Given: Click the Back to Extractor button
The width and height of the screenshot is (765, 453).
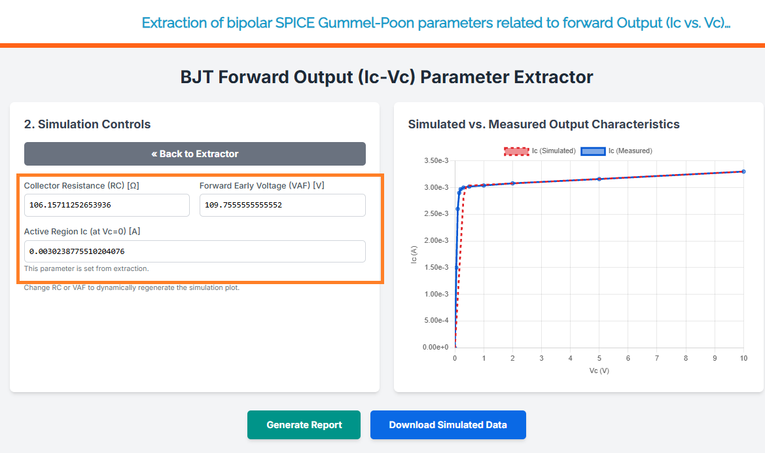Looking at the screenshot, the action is [194, 154].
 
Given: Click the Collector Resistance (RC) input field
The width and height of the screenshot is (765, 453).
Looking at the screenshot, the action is [107, 205].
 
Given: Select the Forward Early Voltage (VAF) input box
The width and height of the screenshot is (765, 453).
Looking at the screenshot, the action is [283, 205].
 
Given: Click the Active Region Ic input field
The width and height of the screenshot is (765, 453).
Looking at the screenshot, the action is [194, 251].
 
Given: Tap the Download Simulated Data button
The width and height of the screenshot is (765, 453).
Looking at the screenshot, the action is [448, 425].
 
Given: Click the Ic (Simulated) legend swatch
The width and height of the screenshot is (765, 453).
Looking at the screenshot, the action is [516, 151].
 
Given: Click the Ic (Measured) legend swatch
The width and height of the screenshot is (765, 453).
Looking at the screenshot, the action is [593, 151].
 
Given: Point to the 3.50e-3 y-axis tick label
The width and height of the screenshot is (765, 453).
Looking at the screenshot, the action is [436, 160].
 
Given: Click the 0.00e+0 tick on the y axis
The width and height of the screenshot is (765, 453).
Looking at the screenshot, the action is [436, 347].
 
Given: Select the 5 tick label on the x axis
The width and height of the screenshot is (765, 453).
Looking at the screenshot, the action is [599, 358].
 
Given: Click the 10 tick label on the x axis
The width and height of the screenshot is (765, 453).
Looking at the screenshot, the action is [743, 358].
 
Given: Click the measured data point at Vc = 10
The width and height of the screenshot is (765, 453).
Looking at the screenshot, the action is [743, 172].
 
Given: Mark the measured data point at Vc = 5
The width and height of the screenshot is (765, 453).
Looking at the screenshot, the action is [599, 179].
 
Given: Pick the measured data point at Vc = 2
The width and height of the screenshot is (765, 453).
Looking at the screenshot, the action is [513, 183].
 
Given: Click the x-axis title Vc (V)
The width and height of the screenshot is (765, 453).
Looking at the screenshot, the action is [599, 371].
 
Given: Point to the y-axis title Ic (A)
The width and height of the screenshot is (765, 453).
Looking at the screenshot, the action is [414, 255].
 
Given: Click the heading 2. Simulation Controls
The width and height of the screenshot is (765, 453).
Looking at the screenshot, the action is [87, 124].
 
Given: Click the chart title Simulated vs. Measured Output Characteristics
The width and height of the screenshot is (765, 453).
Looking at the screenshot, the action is [544, 124].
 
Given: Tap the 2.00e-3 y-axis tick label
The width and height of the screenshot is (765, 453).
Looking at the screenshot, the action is [436, 241].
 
